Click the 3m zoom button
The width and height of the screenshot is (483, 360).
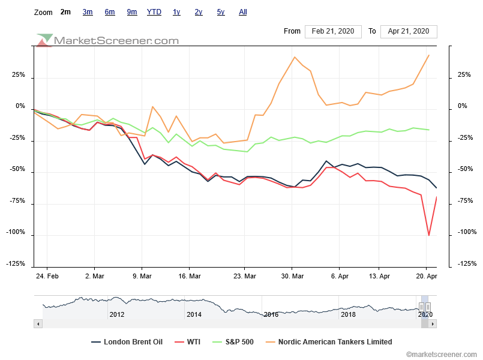point(88,12)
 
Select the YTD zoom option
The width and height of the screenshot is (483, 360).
point(154,12)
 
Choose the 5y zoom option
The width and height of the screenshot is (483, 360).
point(221,12)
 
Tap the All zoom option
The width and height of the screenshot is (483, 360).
point(243,12)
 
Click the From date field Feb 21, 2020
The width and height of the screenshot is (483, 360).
point(333,31)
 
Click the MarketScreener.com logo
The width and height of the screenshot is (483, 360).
point(109,40)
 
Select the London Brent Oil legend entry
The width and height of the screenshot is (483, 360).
point(127,342)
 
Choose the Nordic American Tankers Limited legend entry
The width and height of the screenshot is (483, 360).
point(332,342)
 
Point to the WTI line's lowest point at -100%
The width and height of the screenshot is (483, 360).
point(428,235)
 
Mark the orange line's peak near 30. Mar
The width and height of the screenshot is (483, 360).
point(295,57)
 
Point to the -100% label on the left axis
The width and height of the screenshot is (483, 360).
point(15,232)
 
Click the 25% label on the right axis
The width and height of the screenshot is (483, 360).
point(463,75)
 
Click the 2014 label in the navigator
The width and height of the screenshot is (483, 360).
point(194,314)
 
